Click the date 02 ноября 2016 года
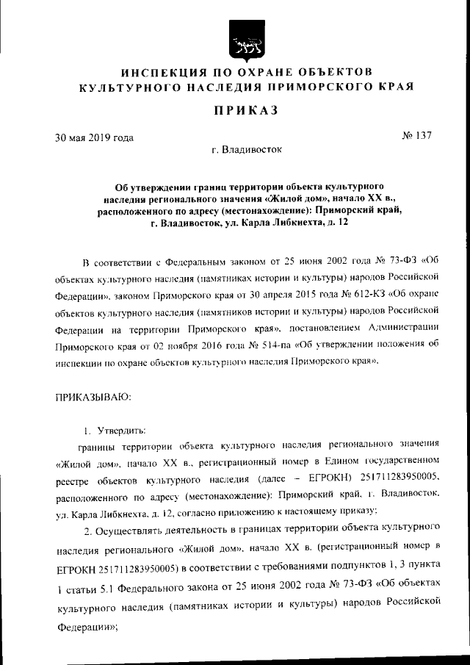(209, 347)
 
